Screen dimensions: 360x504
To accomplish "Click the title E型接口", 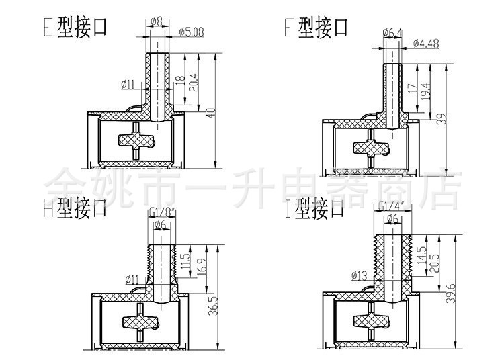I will coord(74,28).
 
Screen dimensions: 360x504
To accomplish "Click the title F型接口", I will coord(316,28).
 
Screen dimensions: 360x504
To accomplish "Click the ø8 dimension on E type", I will coord(156,21).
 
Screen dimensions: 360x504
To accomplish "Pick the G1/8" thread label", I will coord(163,212).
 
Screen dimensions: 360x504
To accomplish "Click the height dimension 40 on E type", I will coord(212,113).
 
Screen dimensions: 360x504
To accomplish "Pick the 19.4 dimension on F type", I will coord(425,89).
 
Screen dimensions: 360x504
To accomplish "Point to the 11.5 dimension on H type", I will coord(186,259).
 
